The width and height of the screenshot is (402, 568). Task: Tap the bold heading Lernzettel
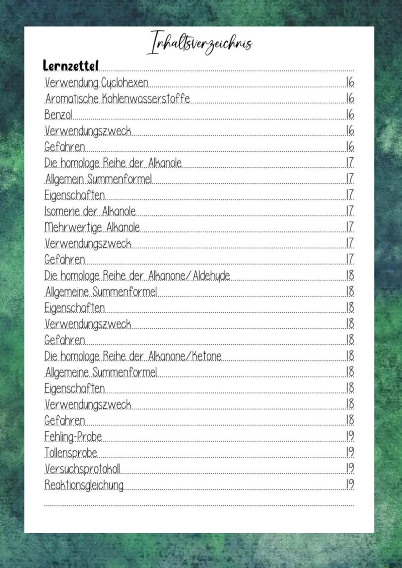71,65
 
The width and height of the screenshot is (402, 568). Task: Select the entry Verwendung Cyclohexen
97,83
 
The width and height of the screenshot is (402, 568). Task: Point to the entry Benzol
58,115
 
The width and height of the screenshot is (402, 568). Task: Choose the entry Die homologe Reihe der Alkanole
113,163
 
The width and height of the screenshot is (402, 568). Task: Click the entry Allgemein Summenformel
99,179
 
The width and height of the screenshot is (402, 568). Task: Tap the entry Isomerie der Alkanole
90,211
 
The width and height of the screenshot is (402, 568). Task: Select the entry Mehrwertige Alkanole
92,227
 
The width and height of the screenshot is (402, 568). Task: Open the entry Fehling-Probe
73,437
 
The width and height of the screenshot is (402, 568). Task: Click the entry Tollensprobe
71,453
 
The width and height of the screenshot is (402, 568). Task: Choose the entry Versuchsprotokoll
82,469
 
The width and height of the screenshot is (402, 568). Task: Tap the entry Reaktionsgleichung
84,485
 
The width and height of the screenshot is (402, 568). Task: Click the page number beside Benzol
350,115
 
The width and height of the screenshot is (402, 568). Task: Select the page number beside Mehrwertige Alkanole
350,227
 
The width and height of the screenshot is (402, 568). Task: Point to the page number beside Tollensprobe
350,453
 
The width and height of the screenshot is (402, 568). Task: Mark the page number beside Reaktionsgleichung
350,485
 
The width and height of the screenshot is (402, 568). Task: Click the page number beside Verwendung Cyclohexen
350,83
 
